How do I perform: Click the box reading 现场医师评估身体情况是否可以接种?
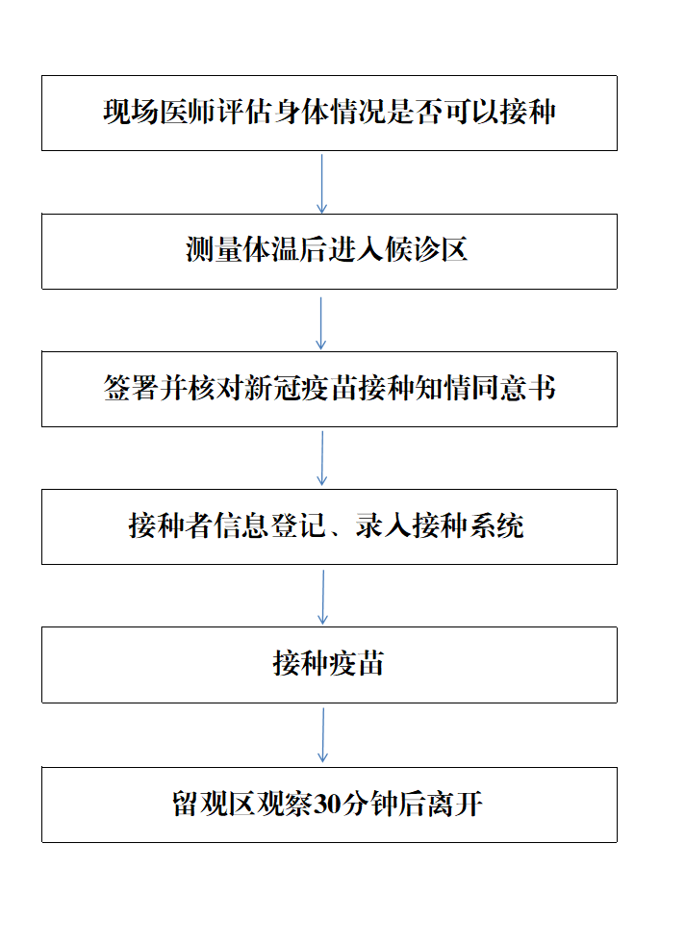(329, 113)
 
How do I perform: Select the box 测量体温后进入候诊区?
(329, 251)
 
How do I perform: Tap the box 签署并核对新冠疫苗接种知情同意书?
(329, 389)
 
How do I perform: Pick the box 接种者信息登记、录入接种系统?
(329, 526)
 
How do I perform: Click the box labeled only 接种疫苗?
(329, 665)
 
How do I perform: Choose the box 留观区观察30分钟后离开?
(329, 805)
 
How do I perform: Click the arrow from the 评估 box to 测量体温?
(322, 184)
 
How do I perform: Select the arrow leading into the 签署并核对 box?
(320, 323)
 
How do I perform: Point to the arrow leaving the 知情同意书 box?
(322, 458)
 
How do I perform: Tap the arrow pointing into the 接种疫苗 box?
(322, 598)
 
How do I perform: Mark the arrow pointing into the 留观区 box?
(322, 735)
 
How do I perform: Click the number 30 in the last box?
(329, 805)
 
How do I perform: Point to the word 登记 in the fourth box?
(298, 525)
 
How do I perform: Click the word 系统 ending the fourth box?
(497, 525)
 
